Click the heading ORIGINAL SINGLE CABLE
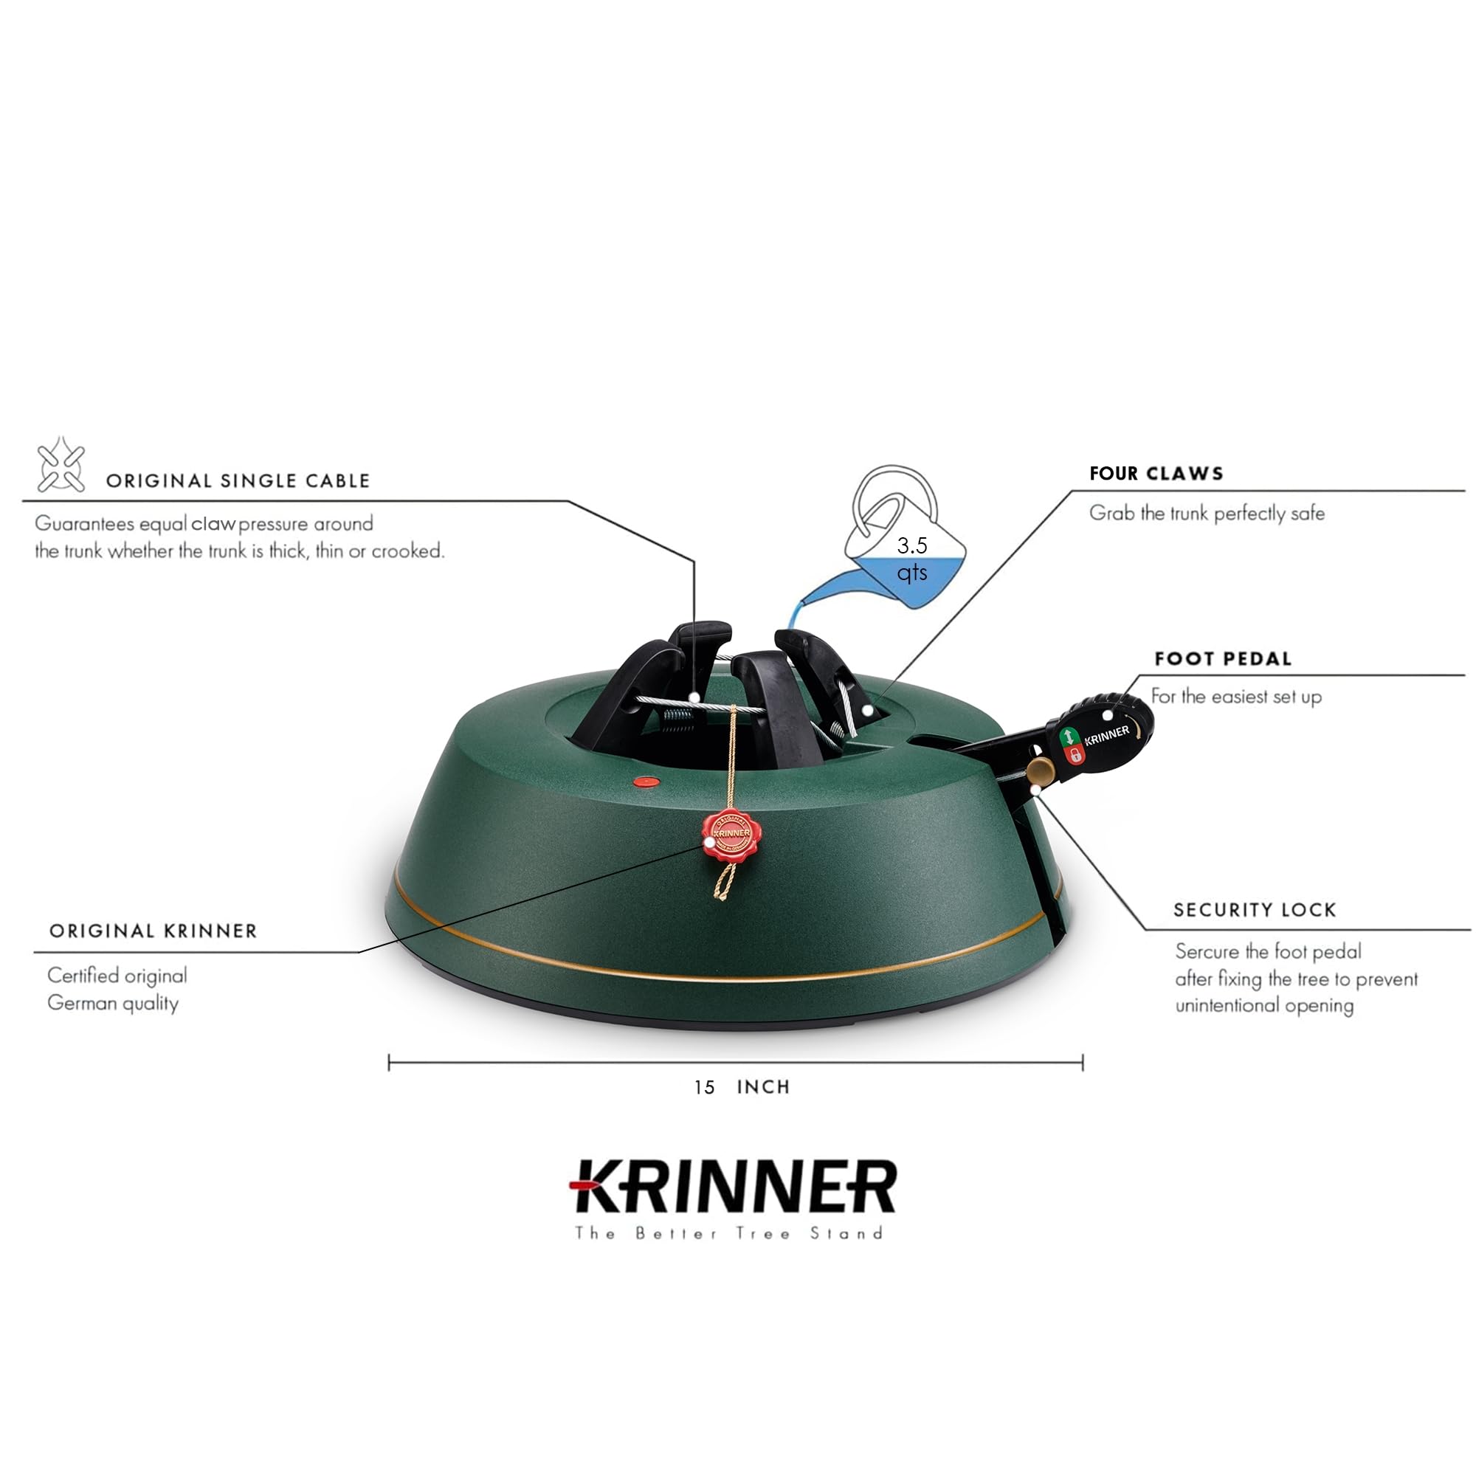coord(238,480)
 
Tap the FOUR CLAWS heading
coord(1156,474)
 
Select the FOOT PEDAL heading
coord(1222,658)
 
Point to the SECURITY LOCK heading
coord(1255,910)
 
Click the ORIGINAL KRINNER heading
coord(153,931)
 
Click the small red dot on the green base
coord(646,782)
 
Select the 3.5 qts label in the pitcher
coord(911,559)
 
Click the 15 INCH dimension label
coord(741,1087)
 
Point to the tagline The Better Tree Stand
coord(730,1233)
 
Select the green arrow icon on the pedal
coord(1069,737)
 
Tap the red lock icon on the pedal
coord(1075,755)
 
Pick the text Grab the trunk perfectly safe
coord(1207,514)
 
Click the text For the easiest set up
coord(1235,697)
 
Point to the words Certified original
coord(117,976)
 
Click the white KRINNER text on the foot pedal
coord(1106,736)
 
